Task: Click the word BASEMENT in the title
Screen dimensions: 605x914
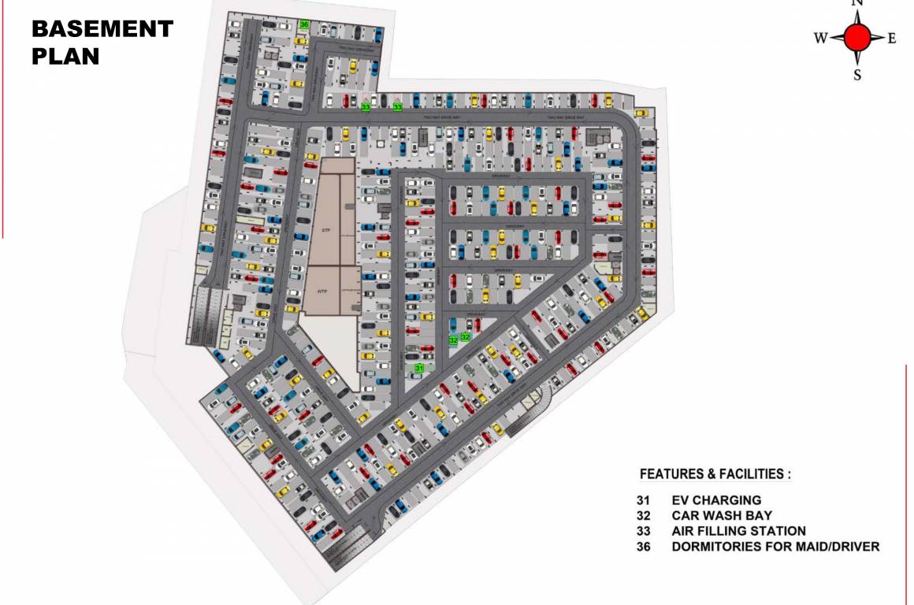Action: coord(102,30)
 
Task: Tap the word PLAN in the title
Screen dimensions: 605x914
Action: coord(65,57)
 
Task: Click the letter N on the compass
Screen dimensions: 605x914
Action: coord(858,3)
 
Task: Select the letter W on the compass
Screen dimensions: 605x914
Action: coord(820,38)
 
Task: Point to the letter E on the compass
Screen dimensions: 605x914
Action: coord(892,38)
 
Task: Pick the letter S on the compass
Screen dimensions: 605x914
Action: coord(857,76)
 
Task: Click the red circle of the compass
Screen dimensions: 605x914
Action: coord(857,37)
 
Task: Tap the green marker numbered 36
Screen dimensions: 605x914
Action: coord(304,24)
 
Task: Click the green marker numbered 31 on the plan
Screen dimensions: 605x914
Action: coord(420,368)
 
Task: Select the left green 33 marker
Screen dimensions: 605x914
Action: coord(366,106)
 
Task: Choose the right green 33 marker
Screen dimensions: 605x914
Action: coord(398,106)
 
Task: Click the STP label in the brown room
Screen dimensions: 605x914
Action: coord(325,229)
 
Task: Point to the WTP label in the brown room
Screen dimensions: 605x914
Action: coord(321,291)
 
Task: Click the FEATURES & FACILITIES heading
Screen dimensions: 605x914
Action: coord(715,474)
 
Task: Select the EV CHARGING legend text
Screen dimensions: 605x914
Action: coord(716,500)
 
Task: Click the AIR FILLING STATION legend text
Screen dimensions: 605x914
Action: coord(738,531)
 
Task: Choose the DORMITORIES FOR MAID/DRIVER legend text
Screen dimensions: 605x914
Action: coord(775,547)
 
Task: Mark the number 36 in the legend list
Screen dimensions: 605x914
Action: coord(645,547)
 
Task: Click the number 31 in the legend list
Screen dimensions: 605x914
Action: coord(645,500)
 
